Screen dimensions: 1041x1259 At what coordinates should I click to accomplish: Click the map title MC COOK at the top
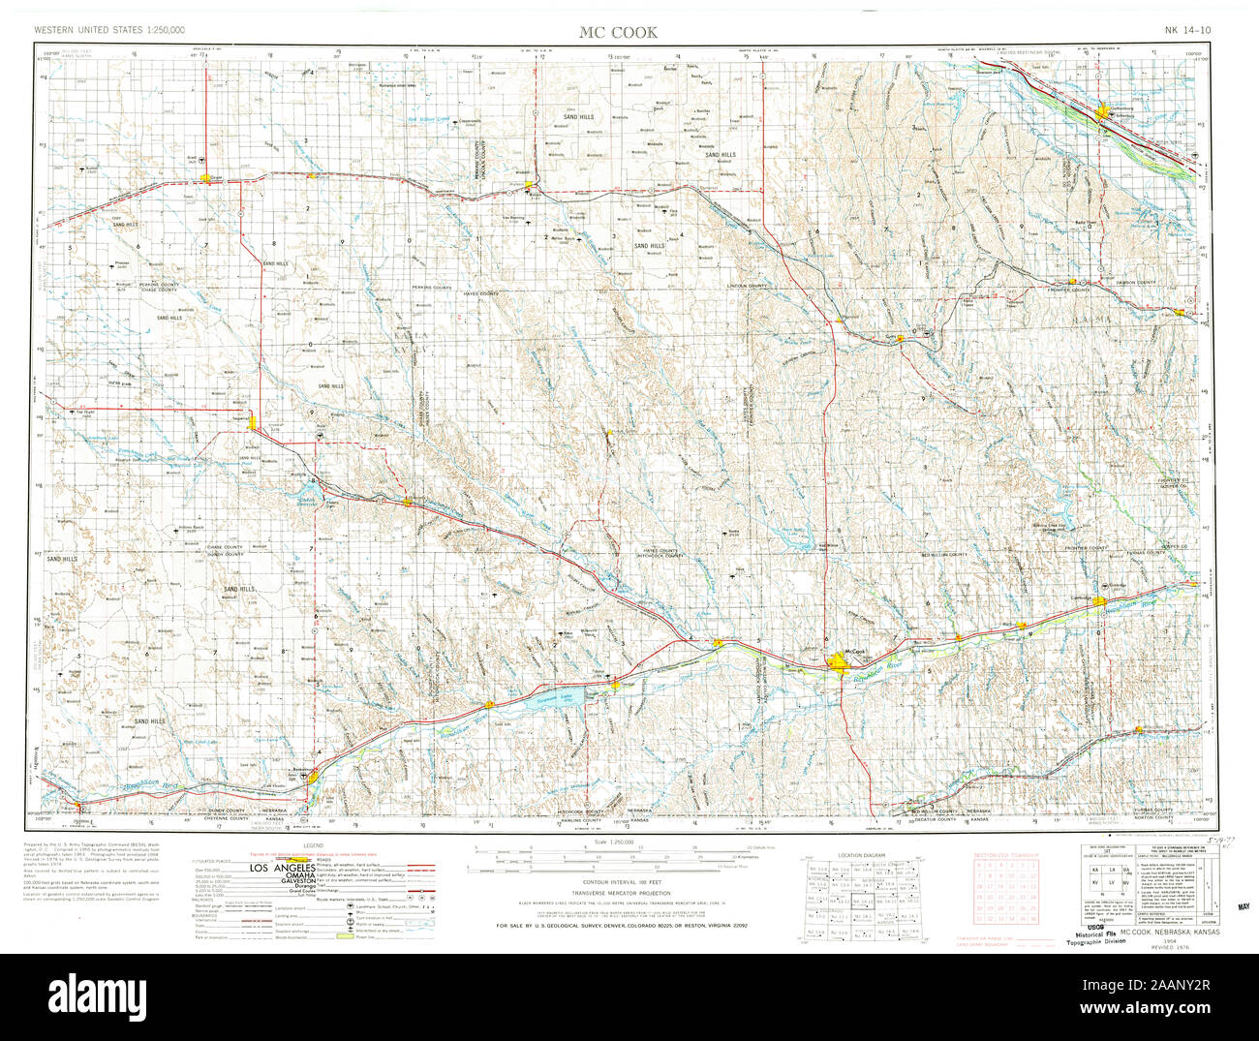pyautogui.click(x=618, y=32)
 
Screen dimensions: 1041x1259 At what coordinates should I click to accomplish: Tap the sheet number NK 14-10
pyautogui.click(x=1186, y=30)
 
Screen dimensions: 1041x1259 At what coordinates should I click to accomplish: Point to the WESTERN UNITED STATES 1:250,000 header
pyautogui.click(x=109, y=30)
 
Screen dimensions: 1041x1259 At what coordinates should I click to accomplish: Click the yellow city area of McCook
pyautogui.click(x=840, y=661)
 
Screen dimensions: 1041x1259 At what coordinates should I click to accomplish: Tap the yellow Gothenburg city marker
pyautogui.click(x=1082, y=116)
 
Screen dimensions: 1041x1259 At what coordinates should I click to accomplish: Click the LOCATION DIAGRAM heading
pyautogui.click(x=861, y=856)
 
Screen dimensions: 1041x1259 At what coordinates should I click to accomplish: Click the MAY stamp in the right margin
pyautogui.click(x=1244, y=909)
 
